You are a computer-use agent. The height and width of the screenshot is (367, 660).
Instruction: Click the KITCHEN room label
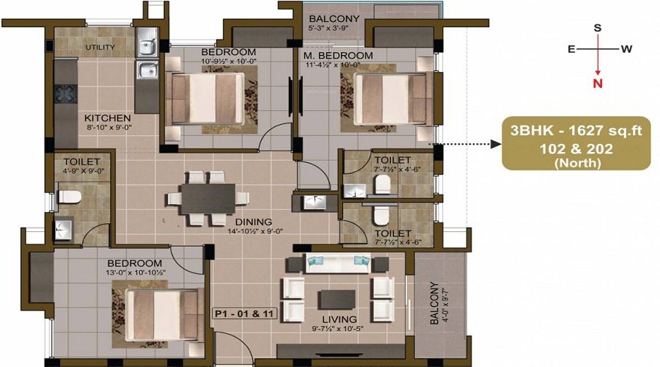click(107, 118)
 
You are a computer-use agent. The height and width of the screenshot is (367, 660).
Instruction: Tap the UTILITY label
click(100, 47)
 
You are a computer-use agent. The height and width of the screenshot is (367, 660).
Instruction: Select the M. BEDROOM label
click(338, 55)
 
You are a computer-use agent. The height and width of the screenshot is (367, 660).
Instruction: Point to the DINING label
click(254, 222)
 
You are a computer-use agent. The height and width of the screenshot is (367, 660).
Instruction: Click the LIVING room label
click(340, 319)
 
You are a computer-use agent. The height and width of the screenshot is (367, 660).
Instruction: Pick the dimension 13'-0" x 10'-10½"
click(136, 272)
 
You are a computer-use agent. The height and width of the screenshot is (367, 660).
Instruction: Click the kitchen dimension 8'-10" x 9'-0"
click(109, 127)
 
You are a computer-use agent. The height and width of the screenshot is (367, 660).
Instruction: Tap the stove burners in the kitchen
click(65, 94)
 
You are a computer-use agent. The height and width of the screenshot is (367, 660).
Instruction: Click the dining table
click(208, 198)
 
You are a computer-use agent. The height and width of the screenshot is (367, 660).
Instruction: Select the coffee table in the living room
click(337, 299)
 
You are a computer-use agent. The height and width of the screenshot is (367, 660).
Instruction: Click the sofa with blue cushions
click(337, 264)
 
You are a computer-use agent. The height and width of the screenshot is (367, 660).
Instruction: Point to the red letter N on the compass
click(598, 84)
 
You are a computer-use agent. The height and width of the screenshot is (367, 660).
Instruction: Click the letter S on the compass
click(597, 28)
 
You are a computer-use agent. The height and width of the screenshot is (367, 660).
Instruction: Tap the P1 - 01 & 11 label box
click(244, 314)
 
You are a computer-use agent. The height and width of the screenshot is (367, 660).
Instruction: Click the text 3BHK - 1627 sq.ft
click(576, 131)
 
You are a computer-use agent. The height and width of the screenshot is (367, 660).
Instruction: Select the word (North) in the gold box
click(576, 163)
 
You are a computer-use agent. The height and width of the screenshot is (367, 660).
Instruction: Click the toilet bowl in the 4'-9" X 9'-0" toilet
click(69, 197)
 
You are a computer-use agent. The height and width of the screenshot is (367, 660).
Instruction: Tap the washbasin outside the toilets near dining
click(314, 203)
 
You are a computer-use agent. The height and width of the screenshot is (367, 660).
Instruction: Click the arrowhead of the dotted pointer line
click(496, 144)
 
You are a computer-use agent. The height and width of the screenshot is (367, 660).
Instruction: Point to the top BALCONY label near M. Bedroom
click(334, 18)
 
